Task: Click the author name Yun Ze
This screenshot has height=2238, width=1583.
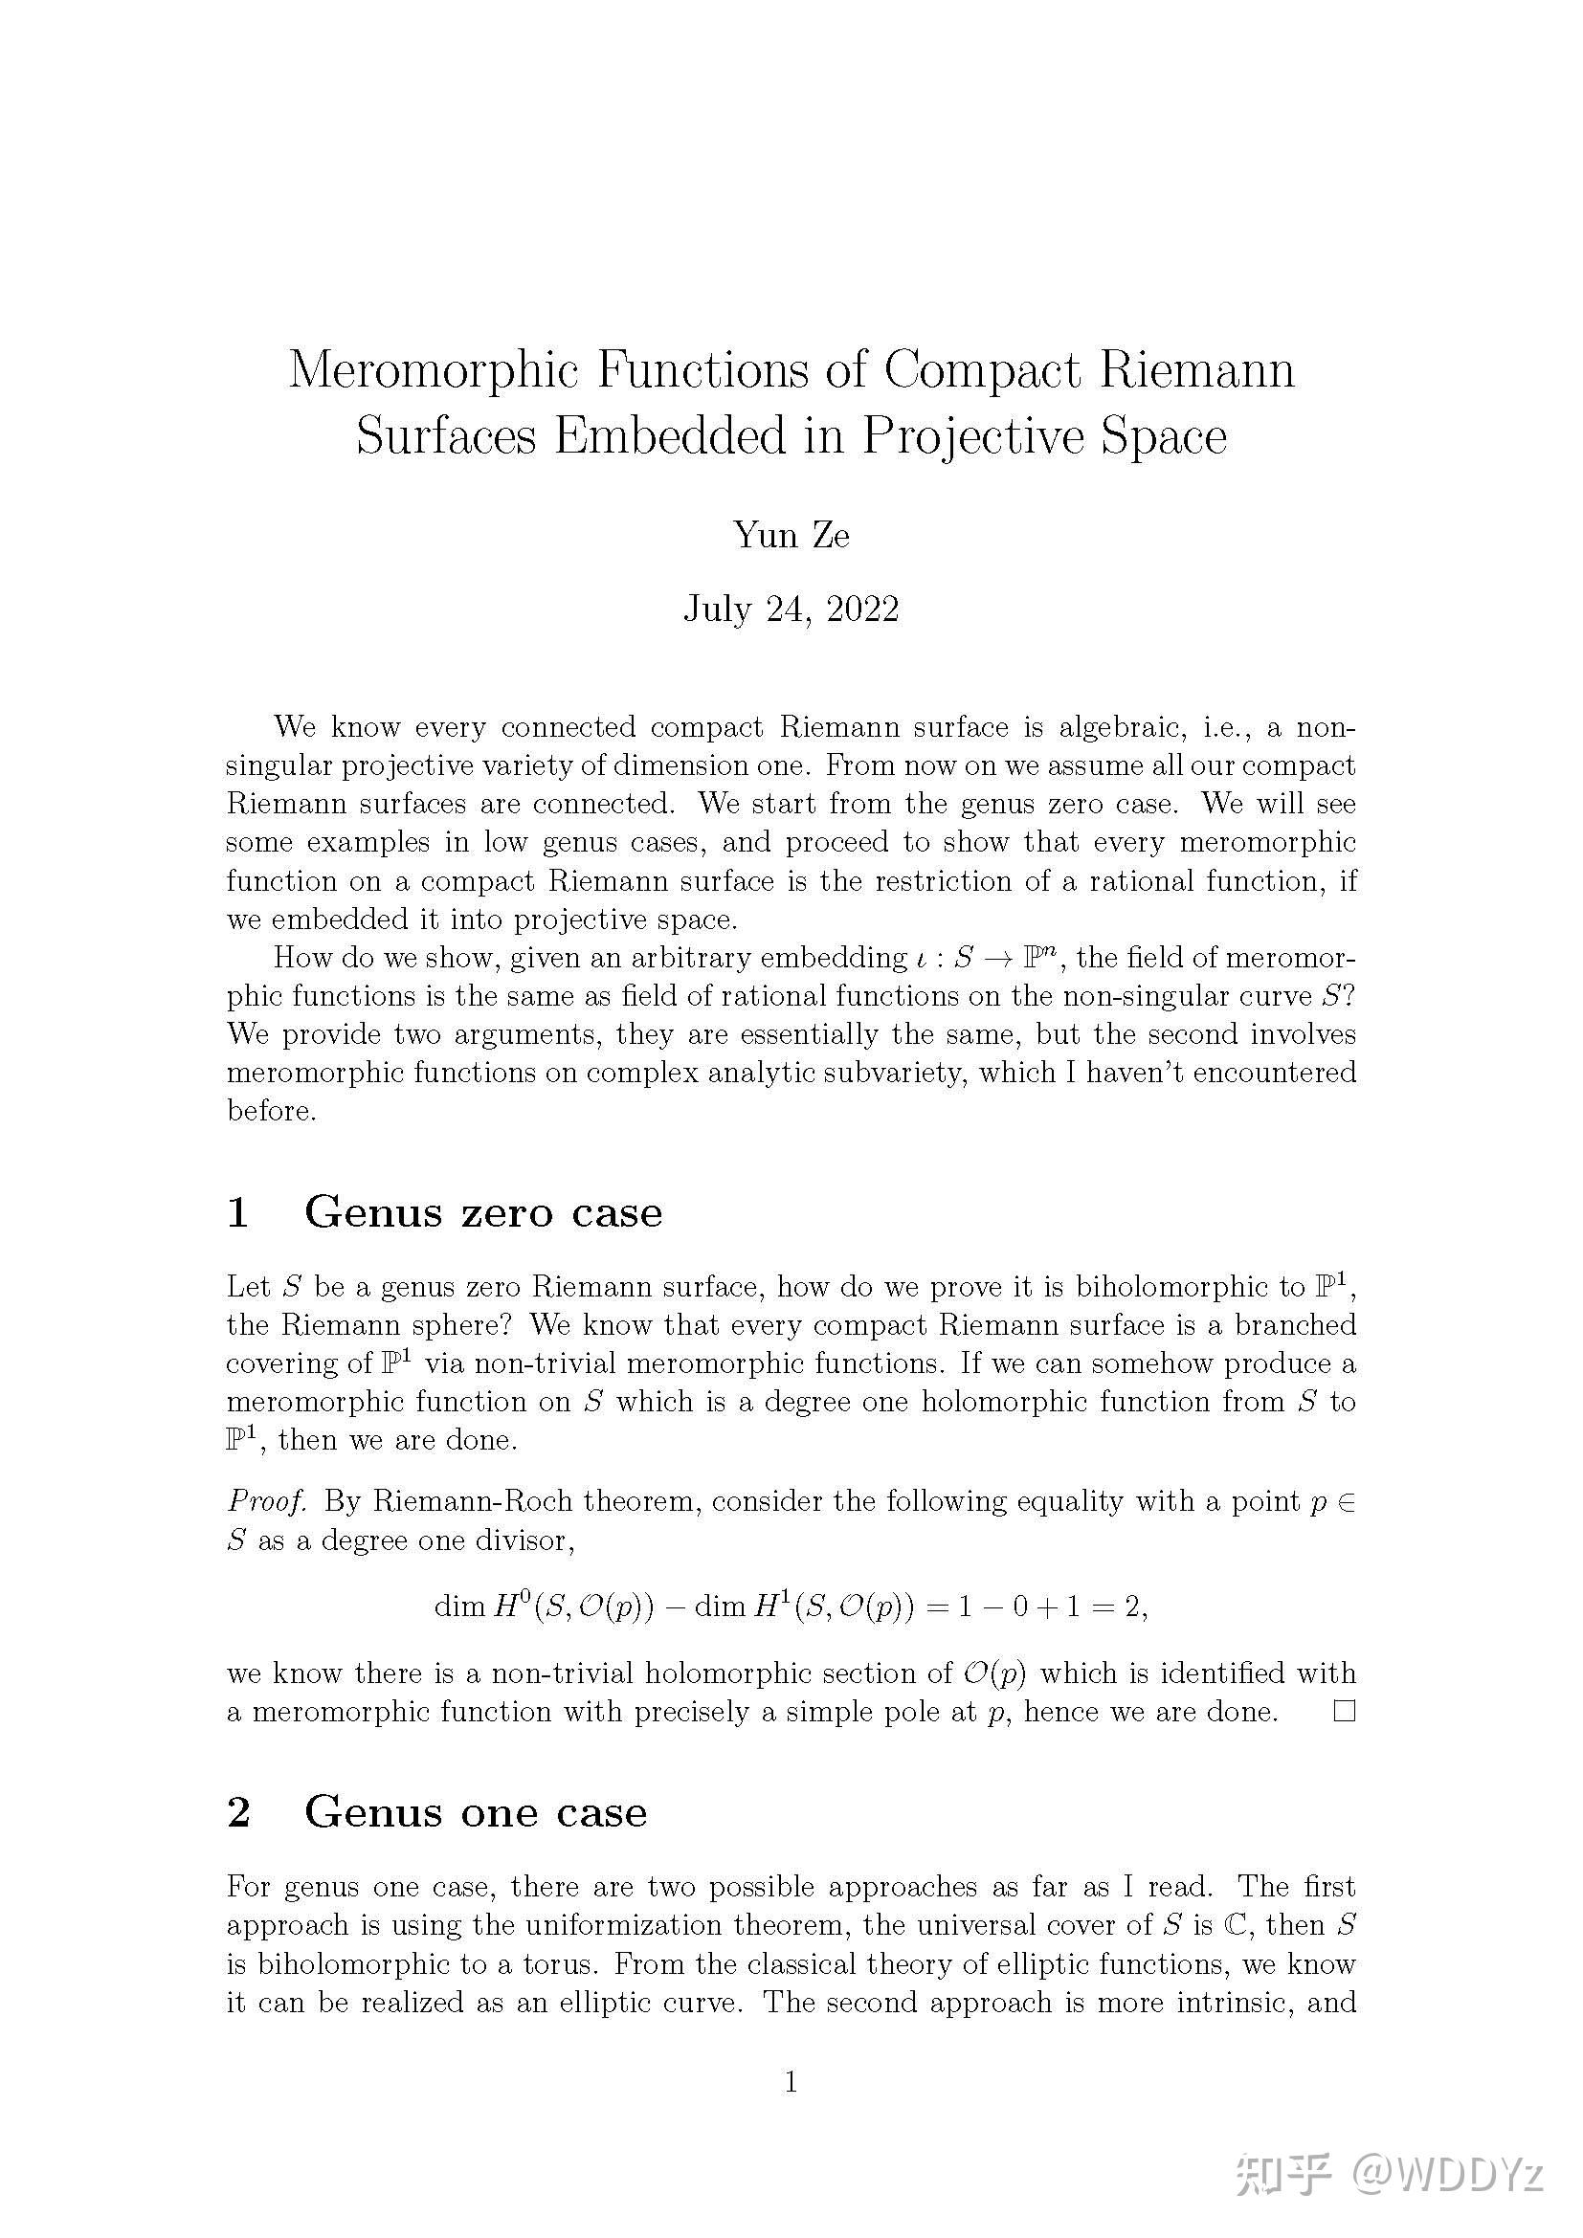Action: pos(791,535)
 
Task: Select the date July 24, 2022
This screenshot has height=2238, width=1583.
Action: pos(791,609)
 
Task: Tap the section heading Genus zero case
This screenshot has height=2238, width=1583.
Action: pos(482,1212)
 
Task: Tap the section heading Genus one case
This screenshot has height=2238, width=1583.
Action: pos(475,1813)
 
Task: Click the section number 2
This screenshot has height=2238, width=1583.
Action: pos(239,1813)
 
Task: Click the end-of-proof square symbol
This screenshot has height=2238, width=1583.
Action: pos(1344,1712)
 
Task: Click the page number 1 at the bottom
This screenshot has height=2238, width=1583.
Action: pos(791,2083)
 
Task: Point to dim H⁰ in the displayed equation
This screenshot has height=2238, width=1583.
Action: pos(478,1606)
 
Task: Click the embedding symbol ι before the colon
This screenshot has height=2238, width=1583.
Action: pos(921,959)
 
